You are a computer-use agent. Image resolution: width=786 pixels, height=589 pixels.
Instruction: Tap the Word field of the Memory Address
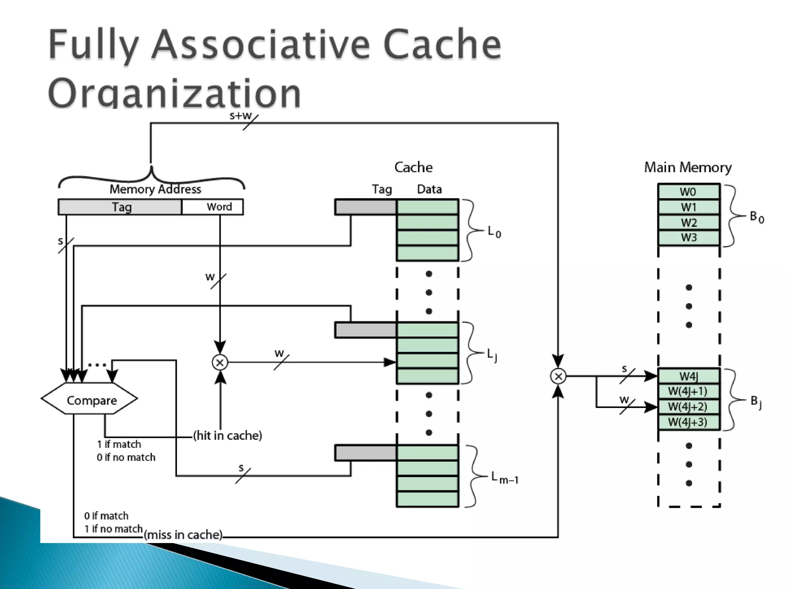pyautogui.click(x=213, y=207)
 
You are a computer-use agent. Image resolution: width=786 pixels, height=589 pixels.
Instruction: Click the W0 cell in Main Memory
pyautogui.click(x=689, y=192)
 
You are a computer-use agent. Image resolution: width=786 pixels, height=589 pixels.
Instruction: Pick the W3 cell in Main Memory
pyautogui.click(x=689, y=238)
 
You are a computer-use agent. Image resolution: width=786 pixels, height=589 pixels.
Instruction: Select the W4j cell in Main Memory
pyautogui.click(x=689, y=376)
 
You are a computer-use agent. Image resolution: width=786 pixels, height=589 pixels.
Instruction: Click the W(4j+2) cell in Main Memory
pyautogui.click(x=689, y=407)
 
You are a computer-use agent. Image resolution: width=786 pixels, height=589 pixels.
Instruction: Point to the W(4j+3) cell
pyautogui.click(x=689, y=422)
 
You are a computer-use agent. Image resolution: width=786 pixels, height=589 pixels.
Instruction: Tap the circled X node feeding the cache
pyautogui.click(x=220, y=362)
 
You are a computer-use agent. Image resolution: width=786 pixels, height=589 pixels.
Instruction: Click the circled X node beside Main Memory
pyautogui.click(x=558, y=376)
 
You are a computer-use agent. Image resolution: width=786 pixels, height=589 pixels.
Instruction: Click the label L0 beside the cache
pyautogui.click(x=494, y=232)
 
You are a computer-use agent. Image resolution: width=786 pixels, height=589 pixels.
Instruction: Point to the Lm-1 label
pyautogui.click(x=505, y=478)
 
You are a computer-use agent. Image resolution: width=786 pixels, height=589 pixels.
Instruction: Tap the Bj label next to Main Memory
pyautogui.click(x=756, y=402)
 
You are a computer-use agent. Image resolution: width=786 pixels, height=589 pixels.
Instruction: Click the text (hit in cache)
pyautogui.click(x=228, y=436)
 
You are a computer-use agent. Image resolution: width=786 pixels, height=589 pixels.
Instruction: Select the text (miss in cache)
pyautogui.click(x=183, y=535)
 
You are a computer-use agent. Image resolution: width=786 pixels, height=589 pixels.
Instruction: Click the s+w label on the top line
pyautogui.click(x=240, y=115)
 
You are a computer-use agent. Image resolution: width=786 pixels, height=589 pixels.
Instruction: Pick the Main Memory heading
pyautogui.click(x=688, y=168)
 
